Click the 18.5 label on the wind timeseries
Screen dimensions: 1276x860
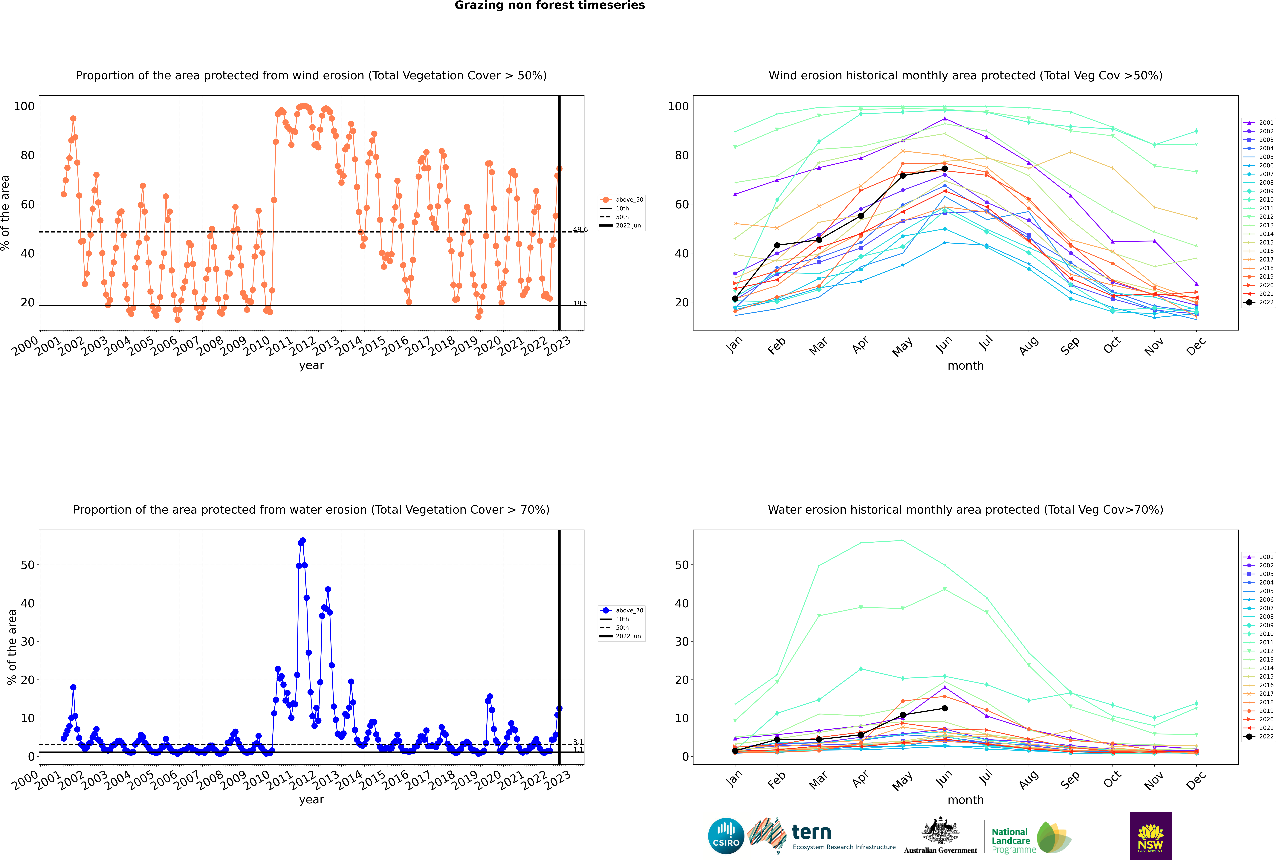pos(580,303)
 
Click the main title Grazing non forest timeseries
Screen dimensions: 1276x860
pos(550,5)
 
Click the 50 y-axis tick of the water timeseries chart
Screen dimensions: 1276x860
pos(27,565)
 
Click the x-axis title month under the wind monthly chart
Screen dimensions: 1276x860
pos(965,366)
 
